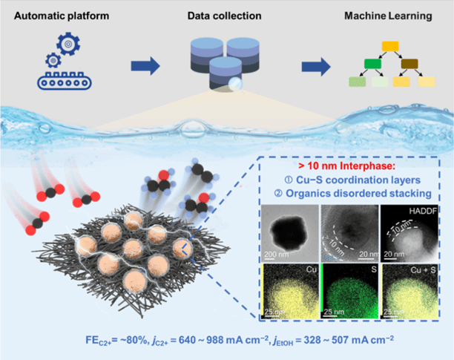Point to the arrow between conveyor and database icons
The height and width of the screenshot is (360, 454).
click(147, 68)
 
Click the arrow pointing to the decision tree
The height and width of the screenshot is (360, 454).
click(318, 68)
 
